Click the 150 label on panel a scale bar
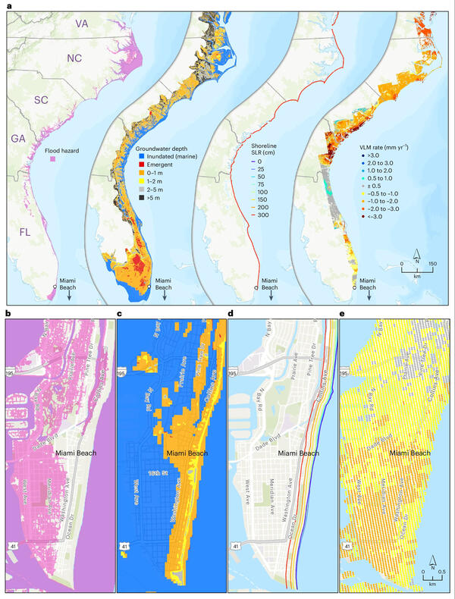tap(433, 264)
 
